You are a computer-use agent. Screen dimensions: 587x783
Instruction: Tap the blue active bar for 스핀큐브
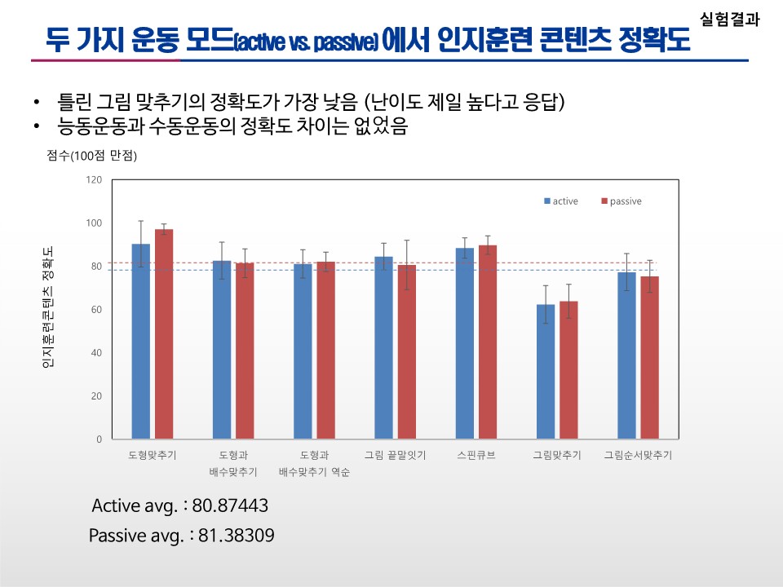point(465,343)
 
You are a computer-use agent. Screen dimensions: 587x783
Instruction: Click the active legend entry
point(562,201)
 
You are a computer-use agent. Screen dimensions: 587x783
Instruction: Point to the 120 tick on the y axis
point(94,180)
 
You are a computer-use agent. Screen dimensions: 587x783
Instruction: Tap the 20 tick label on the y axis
point(96,396)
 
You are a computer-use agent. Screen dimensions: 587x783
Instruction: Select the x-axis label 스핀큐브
point(476,455)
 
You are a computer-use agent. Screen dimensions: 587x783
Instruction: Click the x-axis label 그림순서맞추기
point(638,455)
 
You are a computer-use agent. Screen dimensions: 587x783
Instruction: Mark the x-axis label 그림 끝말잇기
point(395,455)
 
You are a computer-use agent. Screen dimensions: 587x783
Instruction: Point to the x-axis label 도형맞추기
point(153,455)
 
